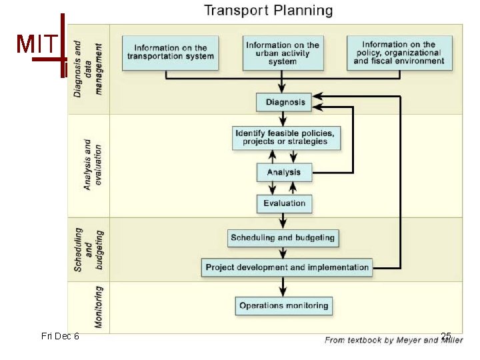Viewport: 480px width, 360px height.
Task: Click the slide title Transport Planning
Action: coord(268,11)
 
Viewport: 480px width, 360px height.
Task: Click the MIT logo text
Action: coord(33,44)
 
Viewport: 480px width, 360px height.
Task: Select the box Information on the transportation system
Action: coord(171,53)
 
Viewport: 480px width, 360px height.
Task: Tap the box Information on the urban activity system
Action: coord(283,53)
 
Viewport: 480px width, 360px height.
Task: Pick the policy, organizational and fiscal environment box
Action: coord(399,53)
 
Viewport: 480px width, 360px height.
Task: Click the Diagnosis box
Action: coord(285,102)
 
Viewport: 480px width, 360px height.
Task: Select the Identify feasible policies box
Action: coord(285,137)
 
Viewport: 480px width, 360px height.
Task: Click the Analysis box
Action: coord(284,172)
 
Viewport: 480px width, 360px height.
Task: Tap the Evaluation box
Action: coord(284,203)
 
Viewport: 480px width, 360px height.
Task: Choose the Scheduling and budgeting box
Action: coord(283,237)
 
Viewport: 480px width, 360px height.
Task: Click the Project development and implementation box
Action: coord(287,267)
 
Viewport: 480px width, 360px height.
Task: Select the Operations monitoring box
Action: coord(284,305)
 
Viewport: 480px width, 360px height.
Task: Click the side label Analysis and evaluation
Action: coord(92,165)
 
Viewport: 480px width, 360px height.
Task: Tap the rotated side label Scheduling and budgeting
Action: coord(88,249)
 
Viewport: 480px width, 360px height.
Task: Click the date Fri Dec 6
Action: coord(60,336)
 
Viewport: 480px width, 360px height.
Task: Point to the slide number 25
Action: coord(446,336)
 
